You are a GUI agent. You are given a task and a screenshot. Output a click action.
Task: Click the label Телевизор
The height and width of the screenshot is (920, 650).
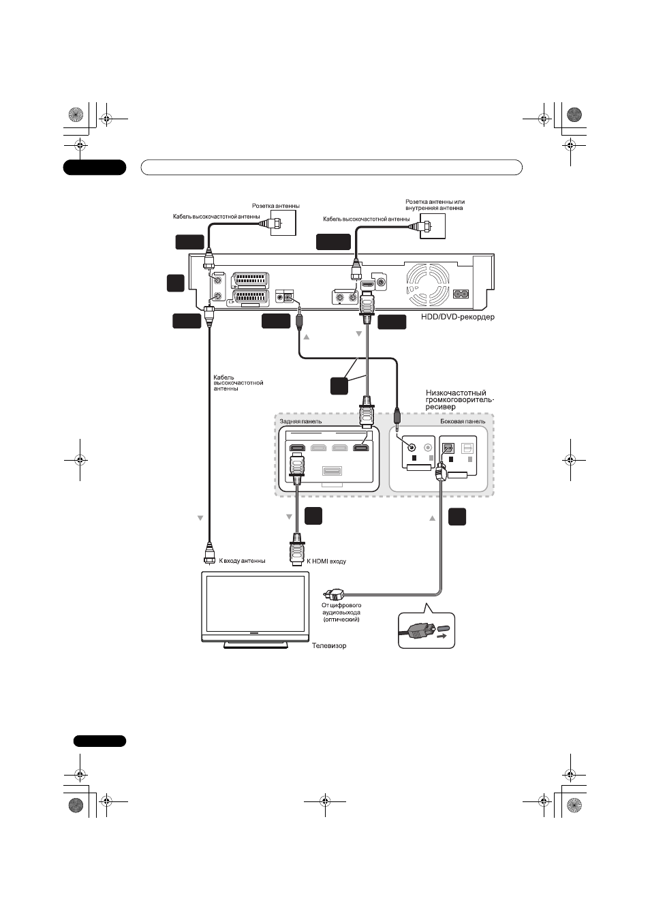(329, 645)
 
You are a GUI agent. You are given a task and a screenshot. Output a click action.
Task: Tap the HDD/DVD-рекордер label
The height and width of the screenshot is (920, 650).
(458, 317)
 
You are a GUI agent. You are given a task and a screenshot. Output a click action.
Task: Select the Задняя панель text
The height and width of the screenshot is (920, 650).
(300, 421)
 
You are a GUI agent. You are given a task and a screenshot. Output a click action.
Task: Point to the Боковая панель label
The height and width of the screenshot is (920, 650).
(463, 421)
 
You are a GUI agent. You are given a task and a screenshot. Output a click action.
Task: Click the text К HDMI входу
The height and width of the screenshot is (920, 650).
(326, 561)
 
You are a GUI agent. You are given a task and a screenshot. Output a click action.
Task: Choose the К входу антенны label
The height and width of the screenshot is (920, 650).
(242, 561)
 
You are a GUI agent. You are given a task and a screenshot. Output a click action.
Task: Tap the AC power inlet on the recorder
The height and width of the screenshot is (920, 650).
(461, 294)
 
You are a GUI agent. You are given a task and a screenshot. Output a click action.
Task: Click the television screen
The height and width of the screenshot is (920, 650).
(255, 603)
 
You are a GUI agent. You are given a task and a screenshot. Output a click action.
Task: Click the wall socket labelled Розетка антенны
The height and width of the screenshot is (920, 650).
(283, 223)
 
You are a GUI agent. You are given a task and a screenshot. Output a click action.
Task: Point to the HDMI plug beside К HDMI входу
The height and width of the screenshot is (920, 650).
(297, 549)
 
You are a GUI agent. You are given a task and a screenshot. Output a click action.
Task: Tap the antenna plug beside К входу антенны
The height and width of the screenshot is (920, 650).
(209, 553)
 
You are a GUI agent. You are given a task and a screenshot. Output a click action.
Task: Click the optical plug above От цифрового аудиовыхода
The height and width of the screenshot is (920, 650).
(333, 594)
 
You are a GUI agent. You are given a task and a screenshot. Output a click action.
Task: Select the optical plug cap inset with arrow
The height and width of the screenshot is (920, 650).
(427, 631)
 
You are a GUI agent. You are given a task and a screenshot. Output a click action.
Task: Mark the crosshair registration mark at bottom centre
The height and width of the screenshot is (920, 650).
(325, 801)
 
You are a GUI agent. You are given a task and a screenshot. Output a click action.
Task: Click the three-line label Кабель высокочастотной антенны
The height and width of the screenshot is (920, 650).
(238, 383)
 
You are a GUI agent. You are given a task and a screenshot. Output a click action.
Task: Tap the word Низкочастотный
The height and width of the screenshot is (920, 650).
(456, 393)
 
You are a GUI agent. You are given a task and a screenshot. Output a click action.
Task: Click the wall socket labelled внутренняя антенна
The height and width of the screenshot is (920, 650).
(433, 226)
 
